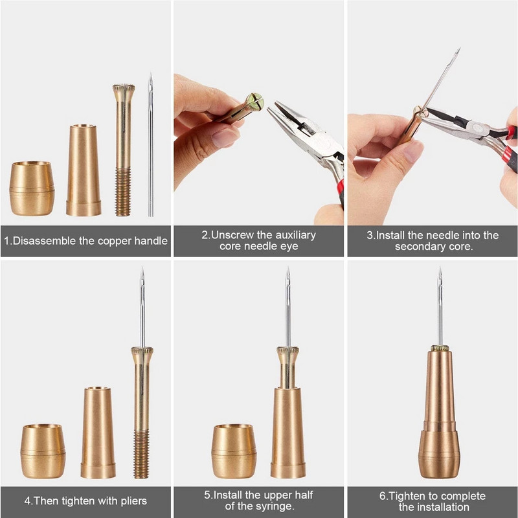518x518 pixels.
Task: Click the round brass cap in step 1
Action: pyautogui.click(x=32, y=188)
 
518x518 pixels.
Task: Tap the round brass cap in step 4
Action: pyautogui.click(x=43, y=451)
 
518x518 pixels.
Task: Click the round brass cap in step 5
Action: pyautogui.click(x=233, y=451)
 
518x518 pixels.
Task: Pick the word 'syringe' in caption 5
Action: pyautogui.click(x=276, y=506)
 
